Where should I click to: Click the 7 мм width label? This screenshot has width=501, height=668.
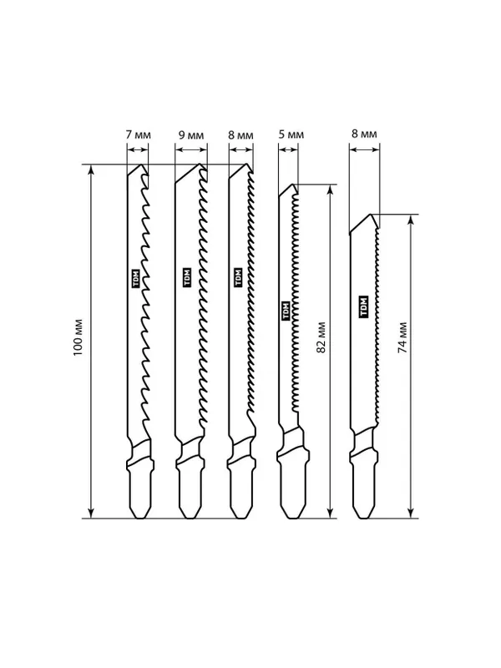[139, 135]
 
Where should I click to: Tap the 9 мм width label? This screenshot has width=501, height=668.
[191, 135]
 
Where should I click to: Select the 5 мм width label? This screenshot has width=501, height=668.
[291, 134]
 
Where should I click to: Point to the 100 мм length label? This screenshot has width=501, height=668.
[78, 337]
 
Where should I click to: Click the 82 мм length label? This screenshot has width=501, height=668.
[321, 337]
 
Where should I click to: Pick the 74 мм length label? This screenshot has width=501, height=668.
[402, 337]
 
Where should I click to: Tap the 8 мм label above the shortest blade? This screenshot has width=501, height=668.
[364, 134]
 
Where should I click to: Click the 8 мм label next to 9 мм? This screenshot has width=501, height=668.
[240, 135]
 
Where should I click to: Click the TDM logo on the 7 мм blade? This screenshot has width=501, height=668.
[136, 279]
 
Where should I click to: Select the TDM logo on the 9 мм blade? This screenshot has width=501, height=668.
[187, 277]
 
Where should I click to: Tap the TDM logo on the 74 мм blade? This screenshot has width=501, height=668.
[363, 306]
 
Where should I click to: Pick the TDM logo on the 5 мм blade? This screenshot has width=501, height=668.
[286, 311]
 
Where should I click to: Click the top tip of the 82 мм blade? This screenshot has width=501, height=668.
[293, 185]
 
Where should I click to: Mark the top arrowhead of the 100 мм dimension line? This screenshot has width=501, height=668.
[90, 170]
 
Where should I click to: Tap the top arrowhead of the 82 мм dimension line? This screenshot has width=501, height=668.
[329, 190]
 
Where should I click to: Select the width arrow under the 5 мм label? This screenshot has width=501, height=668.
[288, 149]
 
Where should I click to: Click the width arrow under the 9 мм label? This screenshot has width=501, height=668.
[191, 149]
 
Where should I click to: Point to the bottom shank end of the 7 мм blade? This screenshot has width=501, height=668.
[139, 518]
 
